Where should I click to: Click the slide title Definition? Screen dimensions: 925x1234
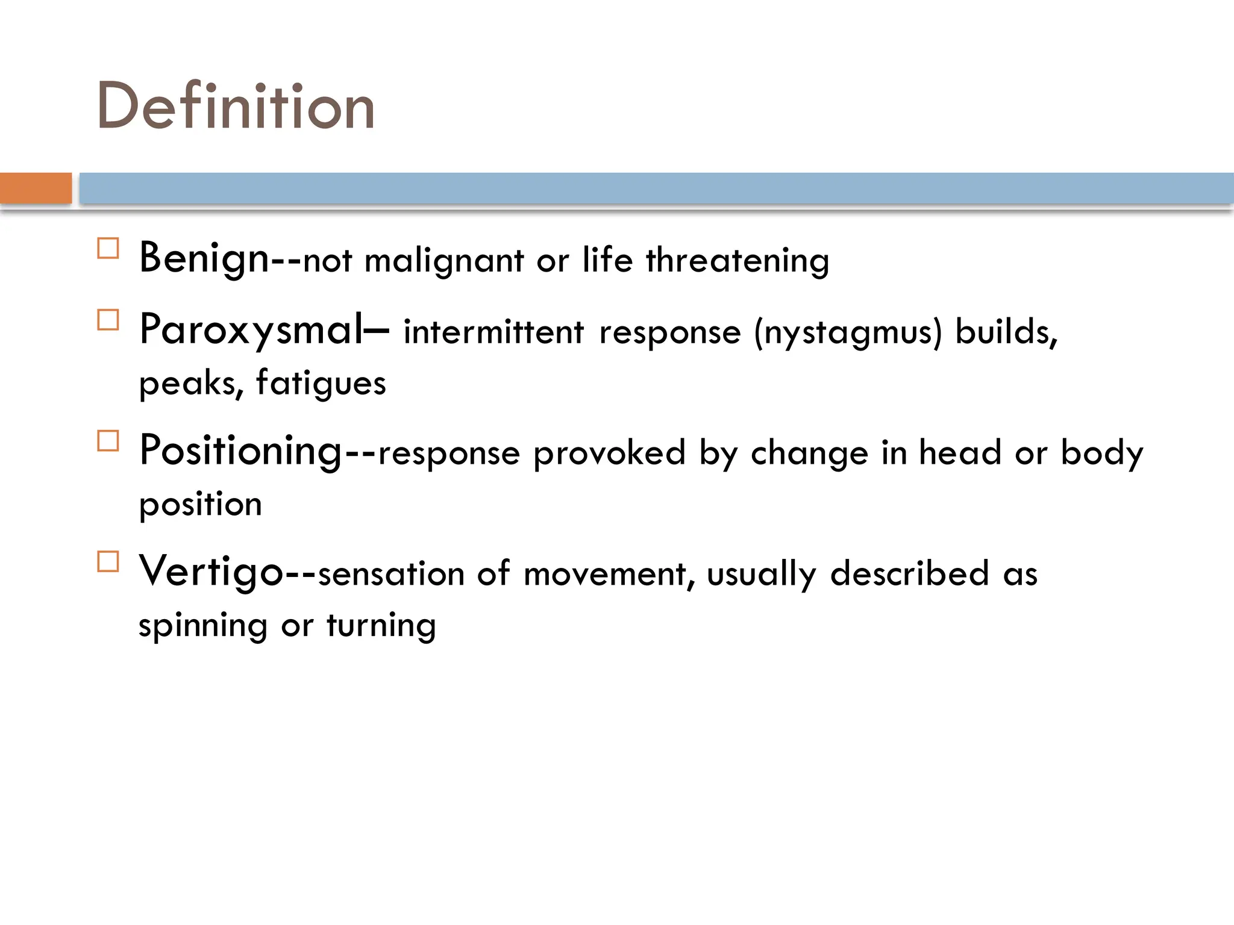[x=236, y=107]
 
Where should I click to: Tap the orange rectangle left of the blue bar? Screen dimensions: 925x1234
[x=36, y=188]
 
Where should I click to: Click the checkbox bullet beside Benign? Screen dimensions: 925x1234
[x=108, y=248]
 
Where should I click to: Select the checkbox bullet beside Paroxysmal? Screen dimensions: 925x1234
[x=108, y=320]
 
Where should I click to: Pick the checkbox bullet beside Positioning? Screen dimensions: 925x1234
[x=108, y=441]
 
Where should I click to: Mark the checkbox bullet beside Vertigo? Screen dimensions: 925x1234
[x=108, y=561]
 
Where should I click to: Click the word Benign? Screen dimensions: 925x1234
[x=204, y=259]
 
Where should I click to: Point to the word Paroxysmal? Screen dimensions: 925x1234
[x=252, y=330]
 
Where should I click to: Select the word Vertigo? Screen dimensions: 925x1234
[x=211, y=572]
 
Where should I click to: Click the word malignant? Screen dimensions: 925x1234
[x=444, y=261]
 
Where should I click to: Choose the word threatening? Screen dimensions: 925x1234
[x=738, y=261]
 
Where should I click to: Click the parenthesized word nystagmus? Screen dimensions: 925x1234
[x=848, y=333]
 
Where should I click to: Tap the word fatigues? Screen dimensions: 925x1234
[x=321, y=384]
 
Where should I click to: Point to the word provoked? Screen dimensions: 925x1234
[x=609, y=453]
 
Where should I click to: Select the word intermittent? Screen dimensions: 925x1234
[x=493, y=332]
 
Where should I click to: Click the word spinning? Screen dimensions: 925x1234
[x=202, y=626]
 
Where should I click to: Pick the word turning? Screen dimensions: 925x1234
[x=381, y=626]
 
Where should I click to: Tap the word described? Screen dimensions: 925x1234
[x=909, y=573]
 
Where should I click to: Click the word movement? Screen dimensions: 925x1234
[x=605, y=575]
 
